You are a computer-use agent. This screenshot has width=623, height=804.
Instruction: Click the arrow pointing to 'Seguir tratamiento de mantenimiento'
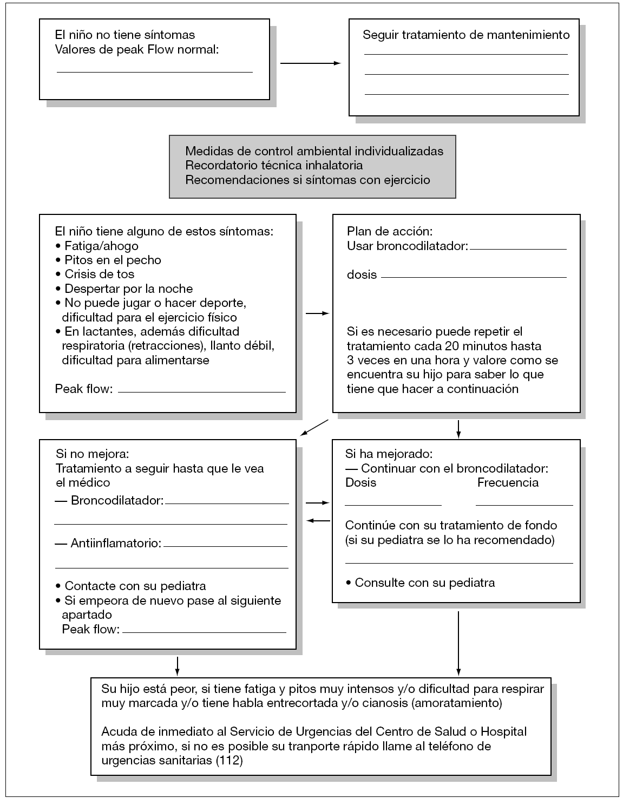tap(310, 63)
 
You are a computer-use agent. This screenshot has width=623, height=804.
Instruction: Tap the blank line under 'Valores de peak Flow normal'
tap(155, 71)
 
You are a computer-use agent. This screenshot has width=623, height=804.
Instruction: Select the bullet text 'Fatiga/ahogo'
tap(101, 246)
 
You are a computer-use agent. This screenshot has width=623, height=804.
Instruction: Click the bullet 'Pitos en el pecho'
tap(113, 260)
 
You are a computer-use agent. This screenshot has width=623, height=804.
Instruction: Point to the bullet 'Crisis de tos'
tap(99, 274)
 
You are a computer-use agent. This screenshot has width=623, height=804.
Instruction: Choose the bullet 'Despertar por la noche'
tap(128, 289)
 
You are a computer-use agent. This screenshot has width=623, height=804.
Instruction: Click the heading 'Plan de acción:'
tap(390, 232)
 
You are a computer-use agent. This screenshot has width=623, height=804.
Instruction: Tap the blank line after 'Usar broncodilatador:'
tap(518, 249)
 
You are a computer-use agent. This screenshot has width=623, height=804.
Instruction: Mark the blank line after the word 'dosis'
tap(474, 277)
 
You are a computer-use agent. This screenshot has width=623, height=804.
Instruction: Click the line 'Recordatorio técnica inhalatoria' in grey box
tap(274, 165)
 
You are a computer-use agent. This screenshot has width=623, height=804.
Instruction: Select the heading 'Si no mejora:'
tap(93, 453)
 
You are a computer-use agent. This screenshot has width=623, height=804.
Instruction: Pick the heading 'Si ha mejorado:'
tap(389, 454)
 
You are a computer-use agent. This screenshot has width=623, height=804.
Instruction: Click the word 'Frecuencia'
tap(508, 482)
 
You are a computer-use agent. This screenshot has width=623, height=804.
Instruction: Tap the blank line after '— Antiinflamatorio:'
tap(225, 546)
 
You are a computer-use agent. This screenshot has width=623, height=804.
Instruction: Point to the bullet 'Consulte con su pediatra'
tap(425, 583)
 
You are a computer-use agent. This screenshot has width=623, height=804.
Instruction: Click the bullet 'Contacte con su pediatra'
tap(135, 586)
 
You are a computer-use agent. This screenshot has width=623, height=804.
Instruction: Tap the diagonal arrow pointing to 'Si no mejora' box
tap(314, 427)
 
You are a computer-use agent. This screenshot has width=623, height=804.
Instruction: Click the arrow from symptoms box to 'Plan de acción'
tap(318, 313)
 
